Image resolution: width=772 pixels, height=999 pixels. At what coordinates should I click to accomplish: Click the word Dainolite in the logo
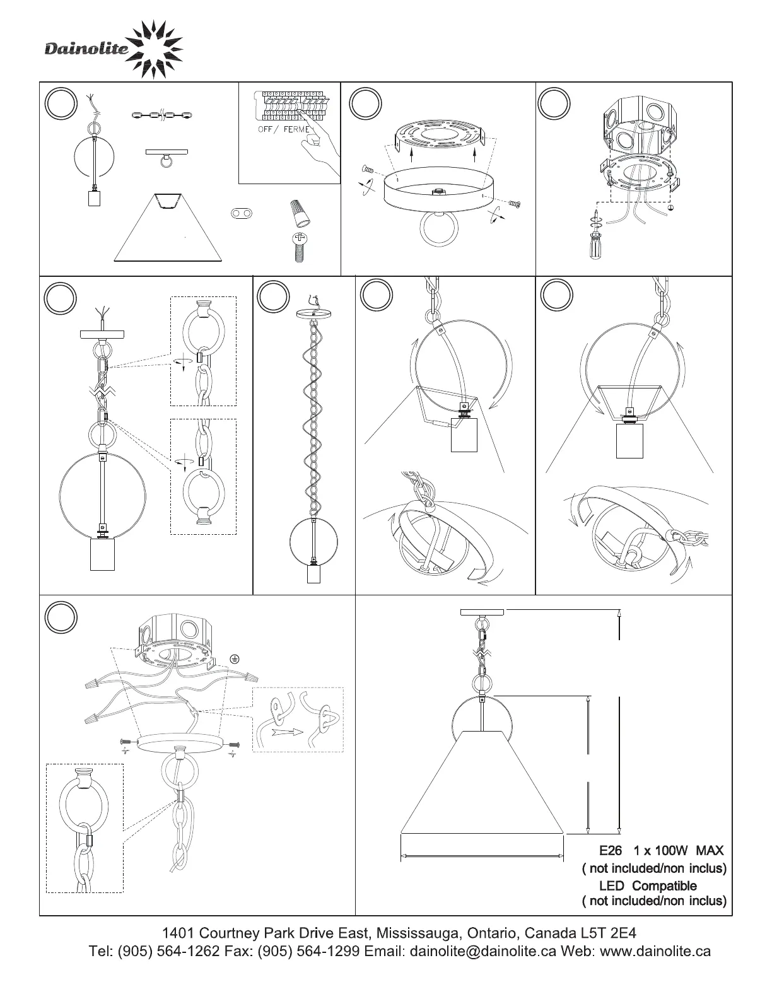86,49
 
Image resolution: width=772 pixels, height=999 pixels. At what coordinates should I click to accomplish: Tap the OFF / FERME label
284,129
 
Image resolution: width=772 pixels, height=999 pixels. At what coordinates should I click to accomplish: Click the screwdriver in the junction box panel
595,235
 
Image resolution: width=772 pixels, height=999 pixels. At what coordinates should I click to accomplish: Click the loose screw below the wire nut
300,247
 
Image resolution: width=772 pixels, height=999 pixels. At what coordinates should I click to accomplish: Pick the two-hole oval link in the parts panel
242,213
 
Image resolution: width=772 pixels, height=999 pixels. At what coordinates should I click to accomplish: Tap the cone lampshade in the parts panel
168,228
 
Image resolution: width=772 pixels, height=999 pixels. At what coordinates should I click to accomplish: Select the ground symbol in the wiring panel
235,660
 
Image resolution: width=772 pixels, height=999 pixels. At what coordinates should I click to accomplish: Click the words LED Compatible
648,885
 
